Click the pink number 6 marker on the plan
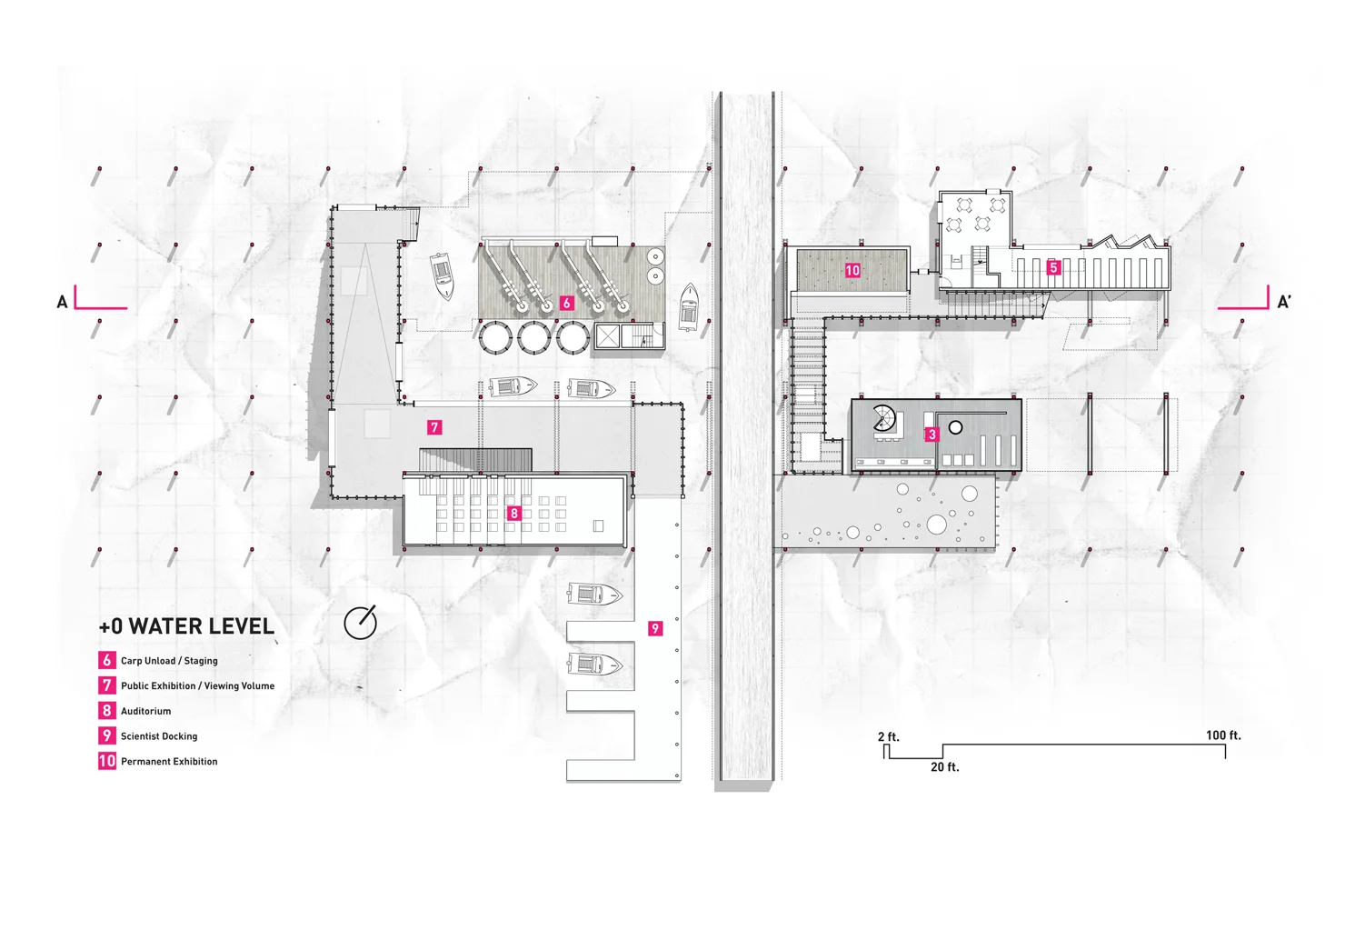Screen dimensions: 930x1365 (566, 303)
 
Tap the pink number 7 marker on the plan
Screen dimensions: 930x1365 (434, 426)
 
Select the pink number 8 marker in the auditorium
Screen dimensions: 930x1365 (513, 514)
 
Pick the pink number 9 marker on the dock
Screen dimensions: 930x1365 (655, 628)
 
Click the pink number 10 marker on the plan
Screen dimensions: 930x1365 (852, 270)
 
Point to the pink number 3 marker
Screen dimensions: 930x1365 (932, 435)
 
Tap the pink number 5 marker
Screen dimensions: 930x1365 (1053, 267)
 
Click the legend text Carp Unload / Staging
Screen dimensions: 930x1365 (169, 661)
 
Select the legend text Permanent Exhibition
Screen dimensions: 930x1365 (169, 762)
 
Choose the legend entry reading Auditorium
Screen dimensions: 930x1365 (145, 711)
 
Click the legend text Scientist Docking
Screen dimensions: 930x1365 (159, 736)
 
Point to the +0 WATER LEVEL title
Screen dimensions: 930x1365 (186, 626)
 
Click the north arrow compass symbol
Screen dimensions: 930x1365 (360, 624)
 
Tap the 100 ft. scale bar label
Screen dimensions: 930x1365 (1223, 735)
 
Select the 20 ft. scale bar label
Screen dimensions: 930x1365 (944, 767)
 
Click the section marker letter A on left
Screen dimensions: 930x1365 (62, 302)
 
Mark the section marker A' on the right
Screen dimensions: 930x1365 (1284, 302)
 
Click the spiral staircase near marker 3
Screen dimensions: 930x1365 (884, 419)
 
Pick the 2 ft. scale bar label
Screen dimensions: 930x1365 (888, 737)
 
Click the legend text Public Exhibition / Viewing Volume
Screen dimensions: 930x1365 (197, 686)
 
